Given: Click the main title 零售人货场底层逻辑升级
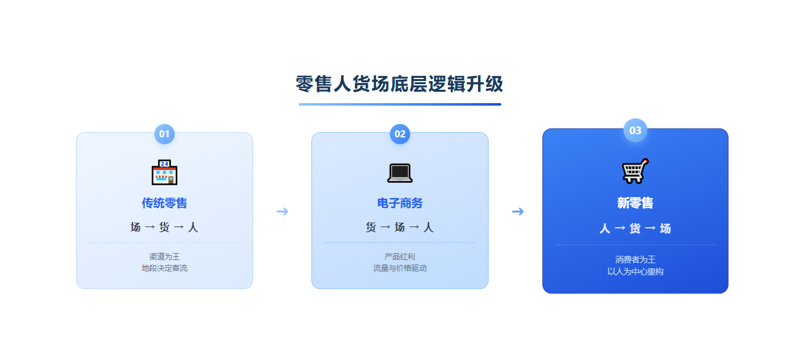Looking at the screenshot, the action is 399,84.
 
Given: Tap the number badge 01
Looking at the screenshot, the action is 165,134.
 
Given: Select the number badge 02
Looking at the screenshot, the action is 399,134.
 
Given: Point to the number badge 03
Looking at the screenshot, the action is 635,130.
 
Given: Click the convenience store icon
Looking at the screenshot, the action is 165,173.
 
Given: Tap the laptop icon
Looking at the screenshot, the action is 400,173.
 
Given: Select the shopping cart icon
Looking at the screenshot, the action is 635,171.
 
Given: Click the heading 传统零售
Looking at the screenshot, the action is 165,203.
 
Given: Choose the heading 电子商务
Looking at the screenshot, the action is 399,203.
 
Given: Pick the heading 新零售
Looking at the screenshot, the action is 635,203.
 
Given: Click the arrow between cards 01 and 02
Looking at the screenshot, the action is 282,211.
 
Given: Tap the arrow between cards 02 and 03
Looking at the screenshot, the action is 518,211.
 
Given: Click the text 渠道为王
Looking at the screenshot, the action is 165,256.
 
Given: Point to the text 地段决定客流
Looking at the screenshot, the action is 165,268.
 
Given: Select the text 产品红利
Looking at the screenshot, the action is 399,256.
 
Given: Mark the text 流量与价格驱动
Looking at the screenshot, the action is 399,268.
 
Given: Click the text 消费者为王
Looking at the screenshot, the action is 635,259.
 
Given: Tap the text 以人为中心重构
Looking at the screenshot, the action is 635,272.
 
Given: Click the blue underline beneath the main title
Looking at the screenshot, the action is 399,104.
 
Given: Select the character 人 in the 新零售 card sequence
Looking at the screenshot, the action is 604,228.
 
